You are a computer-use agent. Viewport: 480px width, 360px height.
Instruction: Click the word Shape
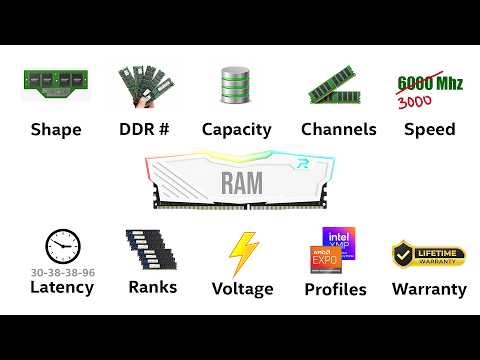coord(56,129)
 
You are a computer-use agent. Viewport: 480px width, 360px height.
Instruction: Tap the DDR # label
coord(145,129)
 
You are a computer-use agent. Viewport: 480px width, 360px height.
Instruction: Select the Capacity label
coord(236,129)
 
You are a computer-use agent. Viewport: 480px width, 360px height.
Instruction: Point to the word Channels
coord(338,129)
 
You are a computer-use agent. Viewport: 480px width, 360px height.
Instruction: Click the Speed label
coord(429,129)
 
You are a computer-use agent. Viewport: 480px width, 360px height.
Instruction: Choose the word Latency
coord(61,288)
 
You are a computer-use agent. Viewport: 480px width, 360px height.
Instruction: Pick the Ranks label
coord(152,287)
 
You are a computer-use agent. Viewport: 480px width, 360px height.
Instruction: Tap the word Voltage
coord(242,289)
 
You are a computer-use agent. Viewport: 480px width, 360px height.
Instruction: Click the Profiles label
coord(335,290)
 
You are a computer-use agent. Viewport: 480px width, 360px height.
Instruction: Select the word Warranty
coord(429,289)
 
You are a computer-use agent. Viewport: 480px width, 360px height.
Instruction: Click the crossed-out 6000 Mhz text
coord(430,82)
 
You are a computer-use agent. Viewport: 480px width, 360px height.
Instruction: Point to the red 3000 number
coord(415,103)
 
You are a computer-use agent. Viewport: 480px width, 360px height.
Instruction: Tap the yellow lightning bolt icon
coord(243,253)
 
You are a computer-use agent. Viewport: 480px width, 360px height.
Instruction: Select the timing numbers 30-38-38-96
coord(62,271)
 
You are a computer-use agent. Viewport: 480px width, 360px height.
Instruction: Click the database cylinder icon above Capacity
coord(235,86)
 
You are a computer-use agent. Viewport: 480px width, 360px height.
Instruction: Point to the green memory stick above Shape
coord(56,85)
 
